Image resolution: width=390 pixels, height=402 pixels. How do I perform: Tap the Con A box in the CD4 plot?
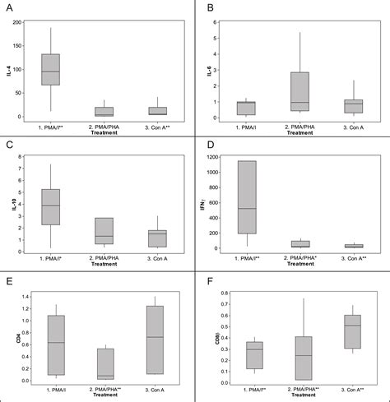pos(154,340)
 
